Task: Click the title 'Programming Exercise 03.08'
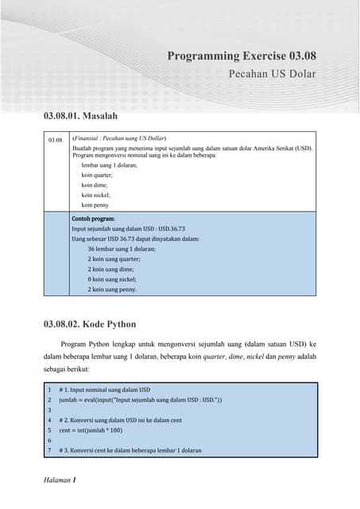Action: tap(242, 56)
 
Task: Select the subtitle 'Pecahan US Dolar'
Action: tap(272, 74)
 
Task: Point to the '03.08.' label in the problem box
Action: tap(55, 140)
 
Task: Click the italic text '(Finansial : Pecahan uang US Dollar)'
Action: tap(119, 138)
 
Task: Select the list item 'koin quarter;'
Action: tap(97, 174)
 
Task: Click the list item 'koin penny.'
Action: tap(95, 204)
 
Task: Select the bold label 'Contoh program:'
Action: tap(93, 217)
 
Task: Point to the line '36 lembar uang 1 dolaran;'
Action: tap(122, 248)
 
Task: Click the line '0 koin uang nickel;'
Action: tap(112, 279)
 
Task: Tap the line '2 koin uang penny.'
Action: tap(112, 289)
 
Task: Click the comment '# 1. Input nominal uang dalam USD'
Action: tap(104, 390)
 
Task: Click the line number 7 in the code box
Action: tap(49, 450)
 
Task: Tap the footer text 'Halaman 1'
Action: tap(60, 480)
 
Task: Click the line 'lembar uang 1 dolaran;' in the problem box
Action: tap(110, 165)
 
